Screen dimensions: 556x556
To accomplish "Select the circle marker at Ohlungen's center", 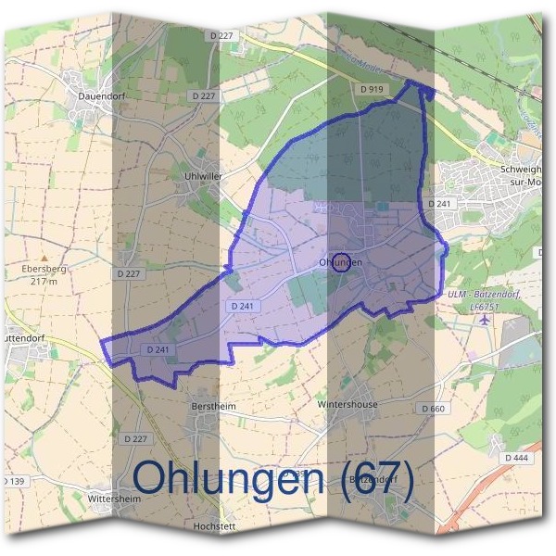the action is (341, 263).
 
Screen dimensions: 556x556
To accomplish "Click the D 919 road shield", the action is (372, 88).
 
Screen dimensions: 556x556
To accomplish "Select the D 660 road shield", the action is (433, 409).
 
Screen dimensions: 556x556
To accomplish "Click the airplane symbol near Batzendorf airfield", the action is (484, 319).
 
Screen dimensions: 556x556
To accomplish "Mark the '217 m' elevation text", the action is (44, 281).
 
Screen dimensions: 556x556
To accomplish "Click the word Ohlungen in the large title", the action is (230, 477).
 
